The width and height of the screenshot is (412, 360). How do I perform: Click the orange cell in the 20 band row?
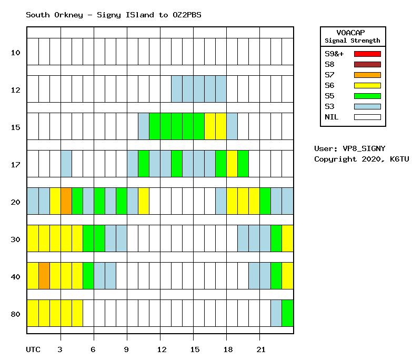(66, 201)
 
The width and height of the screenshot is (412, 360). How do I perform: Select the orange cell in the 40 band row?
(44, 276)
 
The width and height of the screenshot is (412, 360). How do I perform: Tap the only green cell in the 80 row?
(287, 313)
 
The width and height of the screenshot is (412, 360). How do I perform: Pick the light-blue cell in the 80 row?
(276, 313)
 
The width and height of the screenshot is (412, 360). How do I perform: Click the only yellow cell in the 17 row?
(232, 164)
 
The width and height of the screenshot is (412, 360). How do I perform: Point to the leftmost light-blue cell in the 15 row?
(144, 126)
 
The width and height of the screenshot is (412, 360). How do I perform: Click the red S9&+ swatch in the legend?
(367, 54)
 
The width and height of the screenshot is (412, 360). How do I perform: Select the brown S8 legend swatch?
(367, 64)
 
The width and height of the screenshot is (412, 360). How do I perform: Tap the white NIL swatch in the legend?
(367, 117)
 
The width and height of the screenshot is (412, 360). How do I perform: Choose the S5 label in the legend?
(329, 96)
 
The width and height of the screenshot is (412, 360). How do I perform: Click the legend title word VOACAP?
(350, 33)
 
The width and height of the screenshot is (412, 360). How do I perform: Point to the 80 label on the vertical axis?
(15, 314)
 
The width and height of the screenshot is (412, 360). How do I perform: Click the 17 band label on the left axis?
(15, 165)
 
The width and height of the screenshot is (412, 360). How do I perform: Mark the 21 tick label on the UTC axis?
(261, 349)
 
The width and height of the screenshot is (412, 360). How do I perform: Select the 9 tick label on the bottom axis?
(126, 349)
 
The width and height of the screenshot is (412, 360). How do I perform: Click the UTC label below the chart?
(33, 349)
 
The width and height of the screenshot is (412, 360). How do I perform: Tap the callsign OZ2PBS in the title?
(187, 15)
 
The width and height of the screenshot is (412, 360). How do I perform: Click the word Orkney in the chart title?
(68, 15)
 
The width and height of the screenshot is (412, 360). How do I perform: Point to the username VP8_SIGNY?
(364, 149)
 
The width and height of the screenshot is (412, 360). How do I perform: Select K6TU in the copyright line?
(399, 159)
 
